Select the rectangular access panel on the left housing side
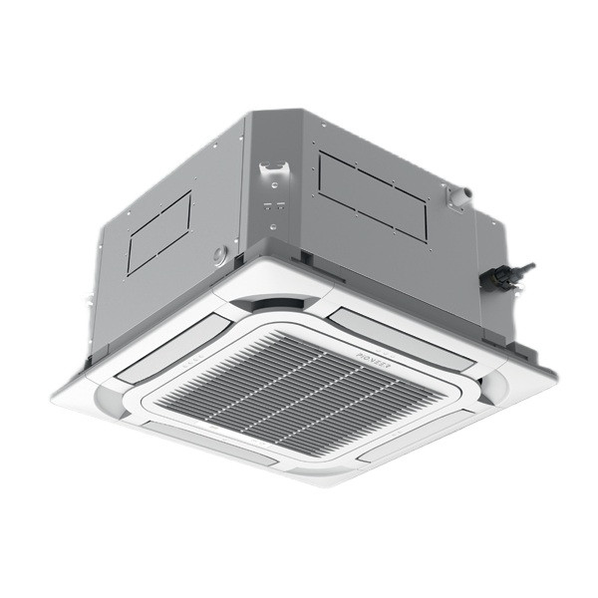pos(159,232)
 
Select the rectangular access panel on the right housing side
pos(372,195)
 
